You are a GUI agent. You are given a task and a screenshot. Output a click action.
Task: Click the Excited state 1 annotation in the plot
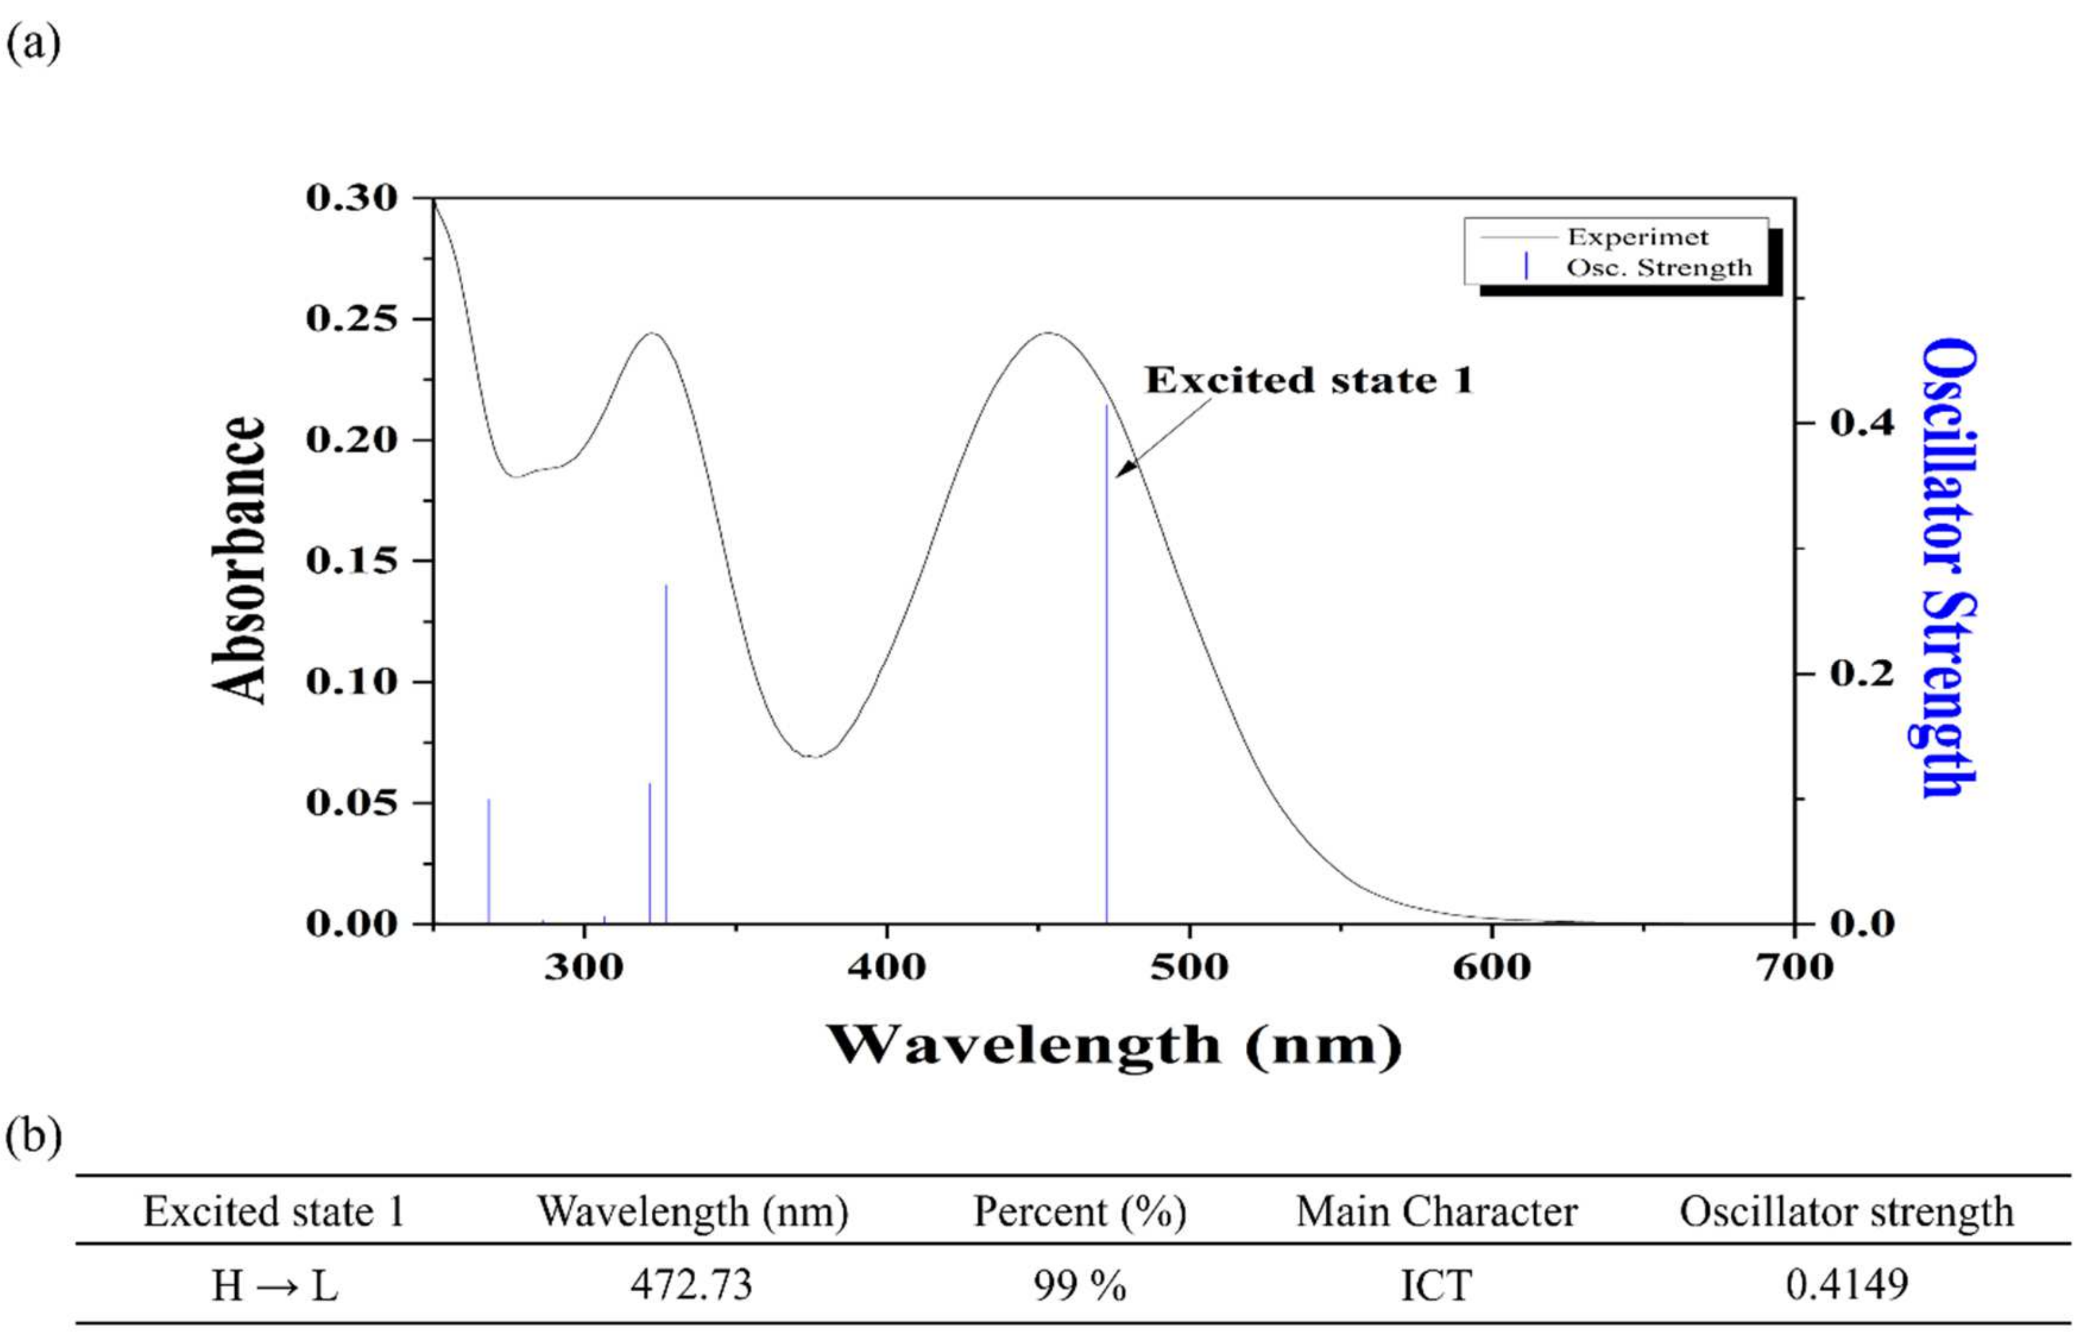click(x=1309, y=381)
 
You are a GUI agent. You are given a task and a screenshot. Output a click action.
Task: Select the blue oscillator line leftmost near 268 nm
click(x=489, y=861)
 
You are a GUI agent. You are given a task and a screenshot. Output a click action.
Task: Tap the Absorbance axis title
click(x=238, y=560)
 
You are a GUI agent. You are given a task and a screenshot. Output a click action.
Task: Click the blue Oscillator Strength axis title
click(x=1949, y=567)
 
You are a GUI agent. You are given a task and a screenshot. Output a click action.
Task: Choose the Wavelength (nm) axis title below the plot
click(x=1114, y=1046)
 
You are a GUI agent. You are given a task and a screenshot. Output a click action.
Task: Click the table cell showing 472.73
click(x=692, y=1284)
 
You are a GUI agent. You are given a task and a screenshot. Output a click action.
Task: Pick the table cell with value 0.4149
click(x=1846, y=1284)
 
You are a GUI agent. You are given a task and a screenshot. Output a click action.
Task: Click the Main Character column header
click(x=1436, y=1212)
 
